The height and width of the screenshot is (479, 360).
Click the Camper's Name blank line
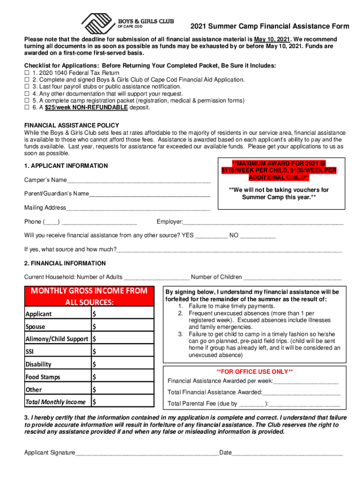click(138, 181)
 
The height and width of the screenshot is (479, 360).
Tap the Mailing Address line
click(138, 208)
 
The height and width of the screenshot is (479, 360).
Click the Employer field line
click(263, 222)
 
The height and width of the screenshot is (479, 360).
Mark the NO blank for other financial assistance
click(258, 236)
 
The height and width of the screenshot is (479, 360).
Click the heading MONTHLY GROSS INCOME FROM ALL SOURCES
click(89, 297)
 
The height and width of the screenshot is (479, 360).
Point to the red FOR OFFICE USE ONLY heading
click(254, 371)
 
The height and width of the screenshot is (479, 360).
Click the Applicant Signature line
click(147, 453)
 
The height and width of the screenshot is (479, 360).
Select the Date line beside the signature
click(288, 453)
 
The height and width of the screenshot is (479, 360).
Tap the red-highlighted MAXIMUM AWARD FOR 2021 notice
click(279, 171)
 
